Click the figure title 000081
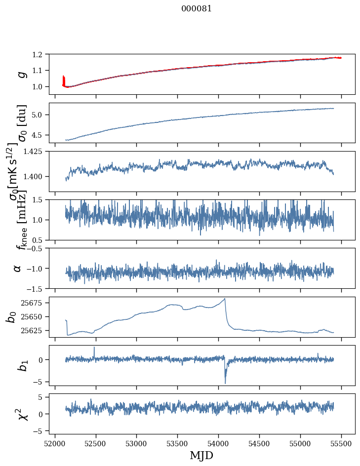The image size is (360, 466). tap(197, 9)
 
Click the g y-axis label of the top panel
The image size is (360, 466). tap(21, 74)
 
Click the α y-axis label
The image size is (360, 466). tap(18, 268)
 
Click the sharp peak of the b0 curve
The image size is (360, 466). tap(225, 299)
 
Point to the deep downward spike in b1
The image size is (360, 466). tap(225, 383)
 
